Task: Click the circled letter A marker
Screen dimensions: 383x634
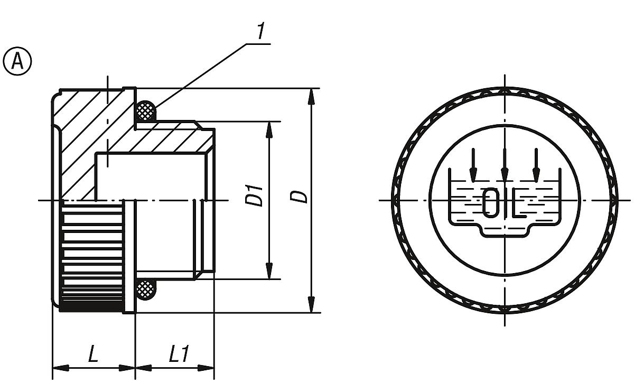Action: pyautogui.click(x=17, y=61)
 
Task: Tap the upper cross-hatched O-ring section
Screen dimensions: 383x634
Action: pyautogui.click(x=146, y=111)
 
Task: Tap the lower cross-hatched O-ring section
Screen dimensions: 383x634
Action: pyautogui.click(x=146, y=289)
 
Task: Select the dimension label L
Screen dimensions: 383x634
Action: pyautogui.click(x=93, y=354)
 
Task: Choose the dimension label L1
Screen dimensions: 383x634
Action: pyautogui.click(x=179, y=354)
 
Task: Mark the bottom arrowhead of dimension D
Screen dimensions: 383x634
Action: pyautogui.click(x=312, y=305)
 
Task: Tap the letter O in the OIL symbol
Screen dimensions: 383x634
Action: pyautogui.click(x=490, y=201)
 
